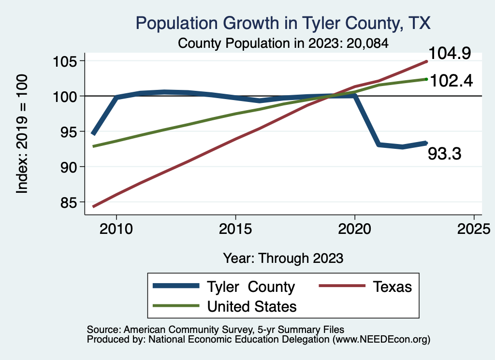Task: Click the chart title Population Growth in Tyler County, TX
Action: (283, 23)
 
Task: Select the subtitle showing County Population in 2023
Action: (283, 43)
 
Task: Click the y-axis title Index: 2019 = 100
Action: (23, 134)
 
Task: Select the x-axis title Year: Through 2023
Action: (283, 258)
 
